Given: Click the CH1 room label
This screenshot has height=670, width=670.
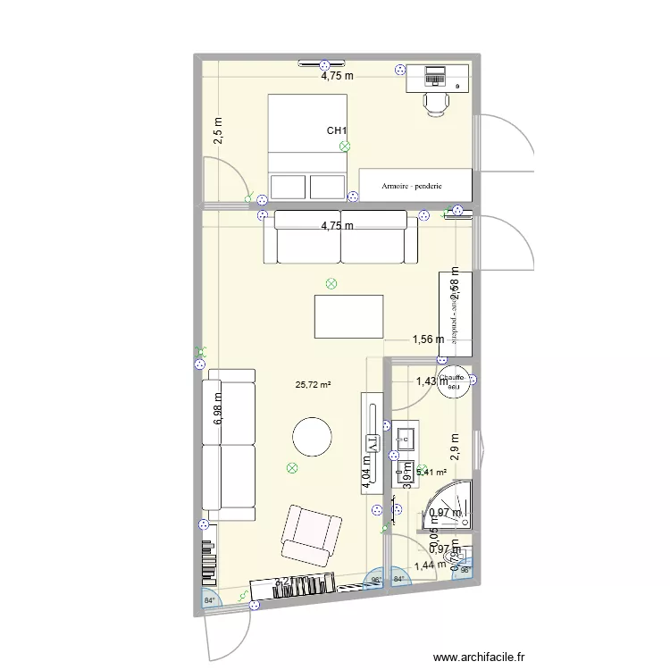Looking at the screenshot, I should coord(337,131).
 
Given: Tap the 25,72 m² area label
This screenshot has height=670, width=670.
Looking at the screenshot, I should coord(313,385).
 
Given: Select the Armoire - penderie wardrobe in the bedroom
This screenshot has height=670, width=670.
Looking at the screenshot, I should coord(415,185).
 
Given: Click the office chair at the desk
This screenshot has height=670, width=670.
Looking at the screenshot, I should coord(436,103).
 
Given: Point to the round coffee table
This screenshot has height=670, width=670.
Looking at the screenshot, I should coord(313,439).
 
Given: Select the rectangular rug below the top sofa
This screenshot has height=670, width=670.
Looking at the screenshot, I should coord(348,316).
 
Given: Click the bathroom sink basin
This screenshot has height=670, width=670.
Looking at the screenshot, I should coord(404,438).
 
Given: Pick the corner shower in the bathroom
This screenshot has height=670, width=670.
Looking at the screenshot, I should coord(453,504).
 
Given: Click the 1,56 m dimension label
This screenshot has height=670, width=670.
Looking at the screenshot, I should coord(427,339).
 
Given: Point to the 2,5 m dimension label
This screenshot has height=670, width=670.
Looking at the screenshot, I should coord(219,131).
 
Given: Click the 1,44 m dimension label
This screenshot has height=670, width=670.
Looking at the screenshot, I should coord(429,565).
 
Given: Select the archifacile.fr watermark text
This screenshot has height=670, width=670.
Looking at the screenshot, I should coord(491,658).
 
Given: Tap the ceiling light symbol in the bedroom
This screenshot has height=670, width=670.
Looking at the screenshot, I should coord(345,147).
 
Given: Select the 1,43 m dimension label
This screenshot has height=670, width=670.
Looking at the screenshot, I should coord(432,381).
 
